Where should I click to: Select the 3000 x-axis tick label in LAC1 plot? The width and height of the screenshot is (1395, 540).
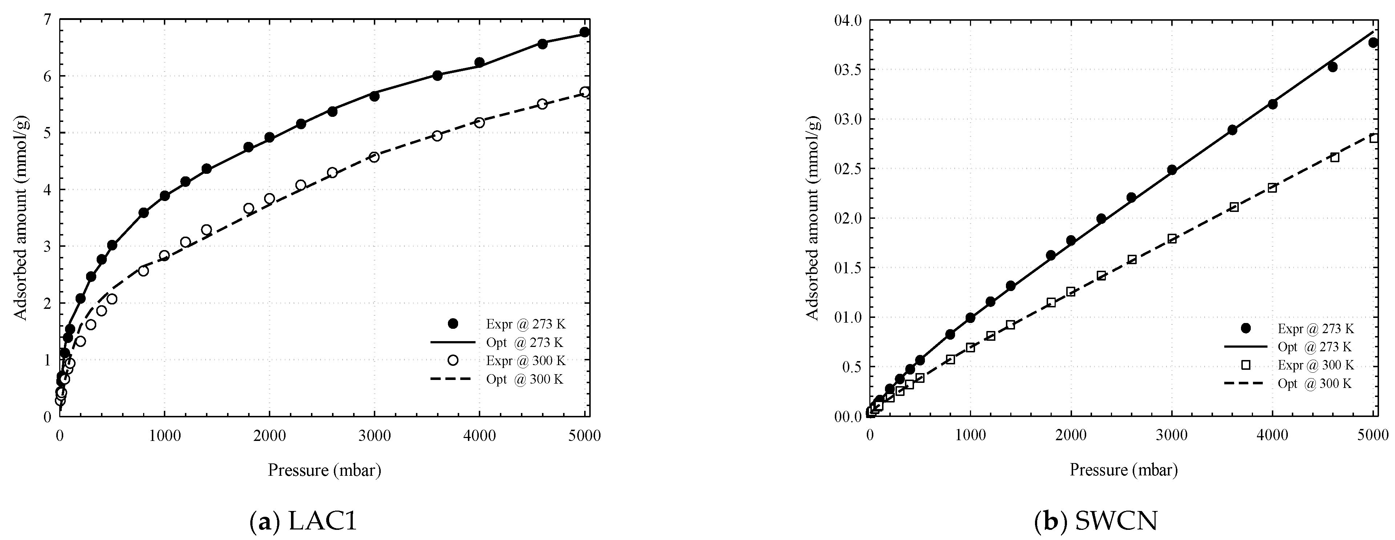pyautogui.click(x=374, y=435)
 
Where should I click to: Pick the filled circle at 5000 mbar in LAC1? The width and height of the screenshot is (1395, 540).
pyautogui.click(x=584, y=32)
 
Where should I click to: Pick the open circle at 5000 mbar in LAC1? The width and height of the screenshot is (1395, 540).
pyautogui.click(x=584, y=92)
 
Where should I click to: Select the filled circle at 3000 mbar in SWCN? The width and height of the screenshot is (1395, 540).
pyautogui.click(x=1172, y=170)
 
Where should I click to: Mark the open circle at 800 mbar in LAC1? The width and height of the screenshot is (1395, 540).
pyautogui.click(x=143, y=270)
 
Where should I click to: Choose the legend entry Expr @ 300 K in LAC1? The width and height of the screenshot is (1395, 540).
pyautogui.click(x=525, y=360)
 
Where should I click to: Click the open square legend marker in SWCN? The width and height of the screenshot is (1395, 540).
pyautogui.click(x=1246, y=365)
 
